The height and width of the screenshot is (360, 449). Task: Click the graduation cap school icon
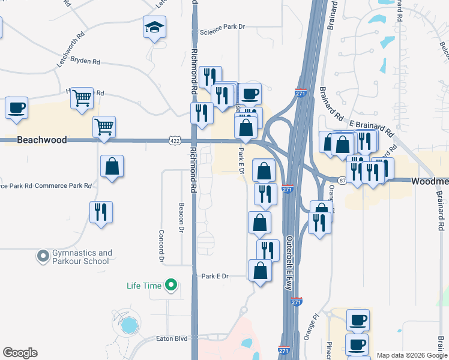[x=154, y=28]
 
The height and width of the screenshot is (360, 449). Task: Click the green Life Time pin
[x=172, y=285]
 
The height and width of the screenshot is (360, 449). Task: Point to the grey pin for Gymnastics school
[x=43, y=257]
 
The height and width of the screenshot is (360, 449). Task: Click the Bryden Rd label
[x=85, y=61]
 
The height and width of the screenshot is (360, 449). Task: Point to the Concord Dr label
[x=161, y=246]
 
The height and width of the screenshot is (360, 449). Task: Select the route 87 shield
[x=342, y=180]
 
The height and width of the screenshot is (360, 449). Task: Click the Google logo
[x=20, y=352]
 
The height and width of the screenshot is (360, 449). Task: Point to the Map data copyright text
[x=411, y=355]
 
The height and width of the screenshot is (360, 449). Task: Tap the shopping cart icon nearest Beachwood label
[x=104, y=127]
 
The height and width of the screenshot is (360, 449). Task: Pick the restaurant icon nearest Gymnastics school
[x=101, y=212]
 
